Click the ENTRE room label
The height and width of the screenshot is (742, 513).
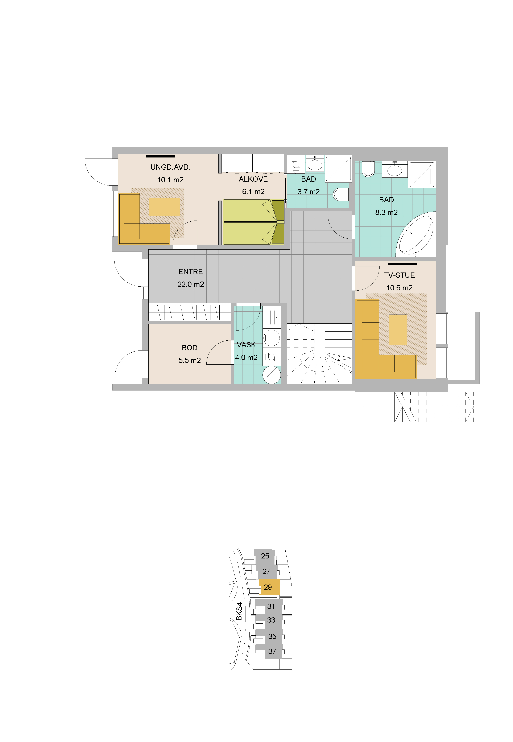coord(191,272)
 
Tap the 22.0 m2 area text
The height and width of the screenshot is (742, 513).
coord(191,284)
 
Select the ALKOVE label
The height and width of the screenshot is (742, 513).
coord(253,179)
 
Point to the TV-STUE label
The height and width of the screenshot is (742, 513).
coord(399,275)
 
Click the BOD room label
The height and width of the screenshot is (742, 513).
coord(190,348)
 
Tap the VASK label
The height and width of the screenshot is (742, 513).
coord(246,345)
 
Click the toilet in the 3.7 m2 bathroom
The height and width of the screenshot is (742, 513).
coord(341,194)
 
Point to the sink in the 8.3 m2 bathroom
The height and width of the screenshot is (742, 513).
coord(394,169)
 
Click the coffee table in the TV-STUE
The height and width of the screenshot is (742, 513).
coord(398,330)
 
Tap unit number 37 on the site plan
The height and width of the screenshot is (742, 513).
coord(272,651)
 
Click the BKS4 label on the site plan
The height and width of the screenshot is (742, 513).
coord(239,611)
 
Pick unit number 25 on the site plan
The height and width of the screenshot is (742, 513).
coord(265,556)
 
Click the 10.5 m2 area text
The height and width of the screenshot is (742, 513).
coord(399,288)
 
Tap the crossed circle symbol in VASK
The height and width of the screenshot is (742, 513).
coord(271,375)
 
